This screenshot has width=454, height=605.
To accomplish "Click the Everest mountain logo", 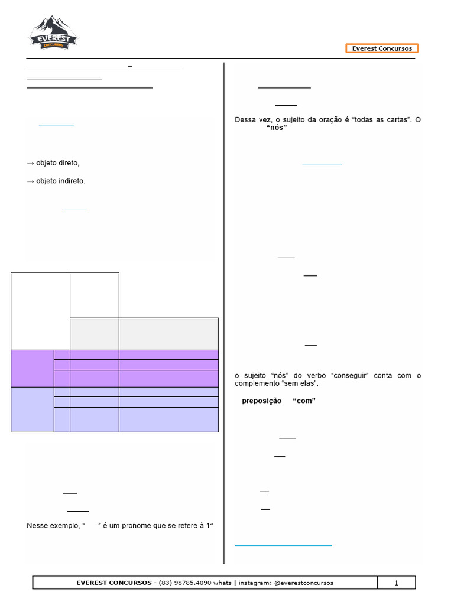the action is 54,33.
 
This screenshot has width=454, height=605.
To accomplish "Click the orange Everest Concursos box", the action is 382,48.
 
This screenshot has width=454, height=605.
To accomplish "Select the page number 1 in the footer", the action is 396,583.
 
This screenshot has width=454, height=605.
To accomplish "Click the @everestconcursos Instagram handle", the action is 304,583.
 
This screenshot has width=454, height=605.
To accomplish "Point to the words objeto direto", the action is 57,163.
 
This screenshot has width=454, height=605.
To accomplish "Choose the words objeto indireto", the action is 61,181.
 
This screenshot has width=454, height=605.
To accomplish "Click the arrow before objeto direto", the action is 31,164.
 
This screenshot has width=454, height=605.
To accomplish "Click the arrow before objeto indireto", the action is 31,181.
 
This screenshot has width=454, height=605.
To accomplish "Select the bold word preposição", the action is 262,401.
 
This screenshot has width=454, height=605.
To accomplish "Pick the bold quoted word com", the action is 304,401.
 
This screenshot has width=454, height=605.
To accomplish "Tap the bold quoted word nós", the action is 277,128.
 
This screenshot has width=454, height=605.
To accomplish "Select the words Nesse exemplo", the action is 53,525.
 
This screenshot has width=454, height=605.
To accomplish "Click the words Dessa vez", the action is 253,119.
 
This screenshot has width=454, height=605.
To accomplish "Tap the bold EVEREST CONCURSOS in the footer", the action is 114,583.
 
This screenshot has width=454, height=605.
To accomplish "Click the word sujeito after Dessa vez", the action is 295,119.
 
